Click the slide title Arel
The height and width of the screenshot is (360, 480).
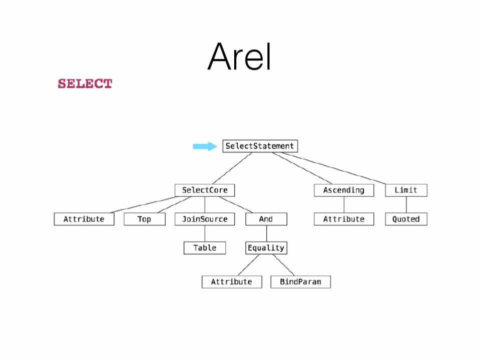click(239, 56)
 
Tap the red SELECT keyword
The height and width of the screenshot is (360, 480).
click(85, 83)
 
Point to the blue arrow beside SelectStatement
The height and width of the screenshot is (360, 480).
click(205, 146)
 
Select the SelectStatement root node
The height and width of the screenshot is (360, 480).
click(260, 146)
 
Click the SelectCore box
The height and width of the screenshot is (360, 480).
click(204, 190)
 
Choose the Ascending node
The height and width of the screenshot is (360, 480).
click(343, 190)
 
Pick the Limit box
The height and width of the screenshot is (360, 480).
click(406, 190)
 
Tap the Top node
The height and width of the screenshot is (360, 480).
click(144, 219)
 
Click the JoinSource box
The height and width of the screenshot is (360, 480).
click(204, 219)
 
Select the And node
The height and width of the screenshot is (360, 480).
click(266, 219)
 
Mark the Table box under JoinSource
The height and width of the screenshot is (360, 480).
click(204, 247)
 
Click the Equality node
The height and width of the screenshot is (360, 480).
click(266, 247)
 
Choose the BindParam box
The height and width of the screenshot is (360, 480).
click(300, 282)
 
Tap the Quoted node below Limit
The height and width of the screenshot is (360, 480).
click(406, 219)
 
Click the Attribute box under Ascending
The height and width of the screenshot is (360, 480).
click(343, 219)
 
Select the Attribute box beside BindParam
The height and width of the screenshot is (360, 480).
click(231, 282)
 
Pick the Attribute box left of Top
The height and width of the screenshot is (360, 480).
click(84, 219)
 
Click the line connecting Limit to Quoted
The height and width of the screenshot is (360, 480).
click(406, 204)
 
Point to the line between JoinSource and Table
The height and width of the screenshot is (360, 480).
click(204, 233)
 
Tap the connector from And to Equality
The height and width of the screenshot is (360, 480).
click(266, 233)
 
